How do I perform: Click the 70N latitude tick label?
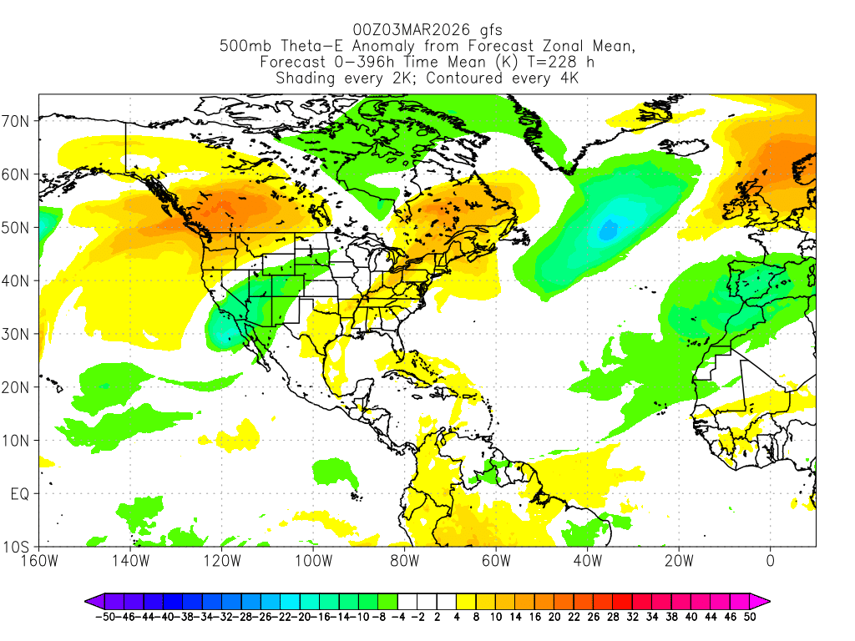(18, 121)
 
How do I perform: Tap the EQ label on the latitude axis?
(20, 494)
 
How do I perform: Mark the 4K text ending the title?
(565, 78)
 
